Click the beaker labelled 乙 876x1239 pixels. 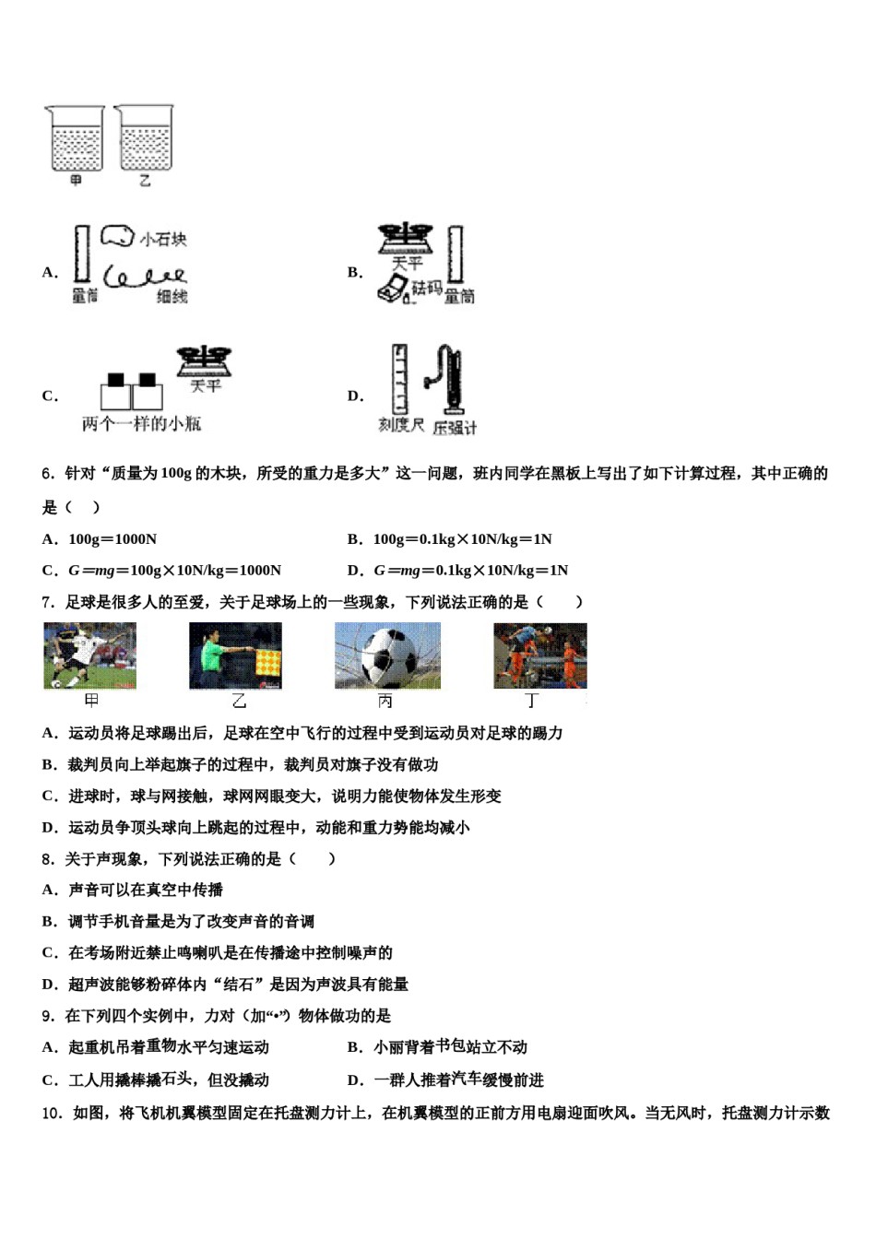click(145, 139)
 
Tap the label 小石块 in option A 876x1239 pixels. click(163, 240)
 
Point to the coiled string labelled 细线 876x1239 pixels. click(145, 276)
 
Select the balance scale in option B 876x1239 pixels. click(405, 239)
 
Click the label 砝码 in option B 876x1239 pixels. click(427, 289)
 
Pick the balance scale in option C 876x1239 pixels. click(205, 360)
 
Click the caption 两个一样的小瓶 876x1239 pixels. click(141, 424)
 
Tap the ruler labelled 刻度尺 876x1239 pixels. click(399, 379)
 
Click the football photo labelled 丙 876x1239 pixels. click(387, 655)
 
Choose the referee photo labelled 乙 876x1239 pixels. click(235, 655)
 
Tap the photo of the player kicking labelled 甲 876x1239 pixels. click(89, 655)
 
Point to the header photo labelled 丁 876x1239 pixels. click(539, 655)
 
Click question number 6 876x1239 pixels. click(47, 474)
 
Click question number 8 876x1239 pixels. click(47, 859)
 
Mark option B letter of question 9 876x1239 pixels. click(354, 1047)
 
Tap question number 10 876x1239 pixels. click(51, 1114)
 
